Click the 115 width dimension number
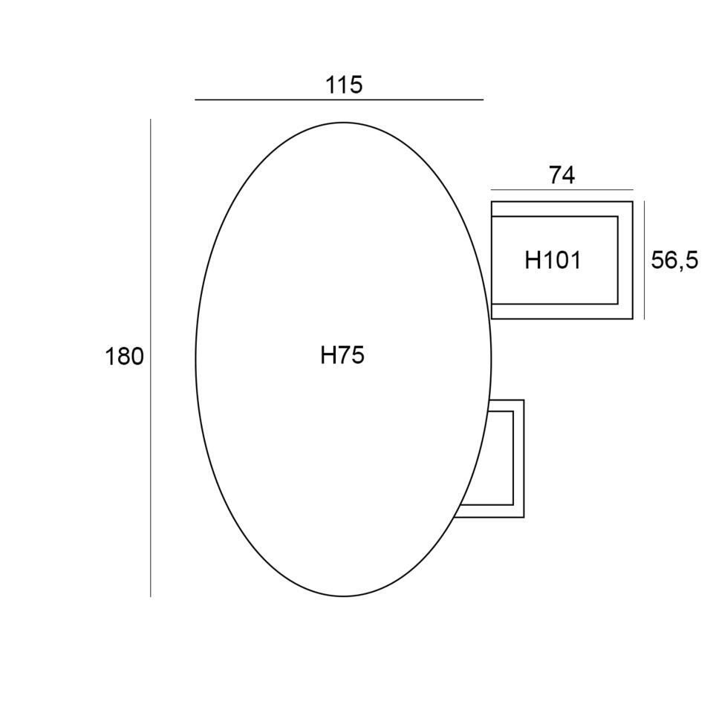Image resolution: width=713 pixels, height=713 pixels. [344, 85]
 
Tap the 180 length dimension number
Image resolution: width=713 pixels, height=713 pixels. [124, 356]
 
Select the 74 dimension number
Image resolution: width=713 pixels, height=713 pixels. [562, 175]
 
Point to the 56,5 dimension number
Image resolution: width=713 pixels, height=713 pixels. [674, 261]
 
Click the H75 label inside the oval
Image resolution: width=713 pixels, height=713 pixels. [342, 355]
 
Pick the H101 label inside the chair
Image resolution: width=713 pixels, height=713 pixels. [553, 261]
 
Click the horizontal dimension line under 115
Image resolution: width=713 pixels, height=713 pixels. [339, 100]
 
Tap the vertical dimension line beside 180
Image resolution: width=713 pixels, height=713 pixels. [151, 358]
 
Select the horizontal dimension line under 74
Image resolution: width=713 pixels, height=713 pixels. [562, 189]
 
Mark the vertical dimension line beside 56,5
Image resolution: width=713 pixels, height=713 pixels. [644, 261]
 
